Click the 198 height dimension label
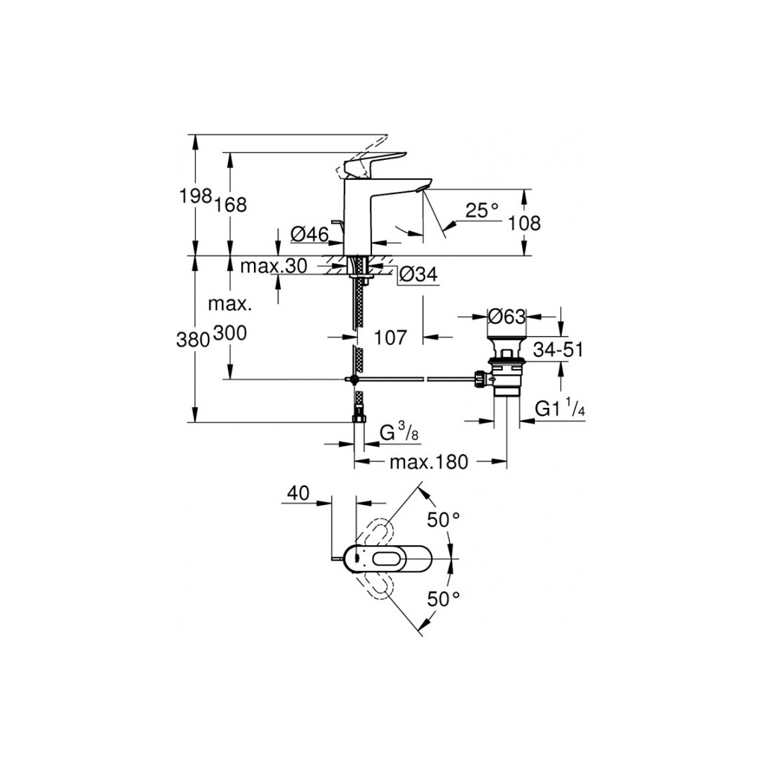click(196, 197)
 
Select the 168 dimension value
click(231, 205)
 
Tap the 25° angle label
click(482, 211)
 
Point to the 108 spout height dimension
click(524, 223)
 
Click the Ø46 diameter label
click(309, 235)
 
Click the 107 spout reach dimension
click(390, 338)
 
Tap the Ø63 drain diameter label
click(507, 317)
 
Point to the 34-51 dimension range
click(558, 349)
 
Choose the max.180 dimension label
click(428, 462)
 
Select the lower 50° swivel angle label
click(443, 598)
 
